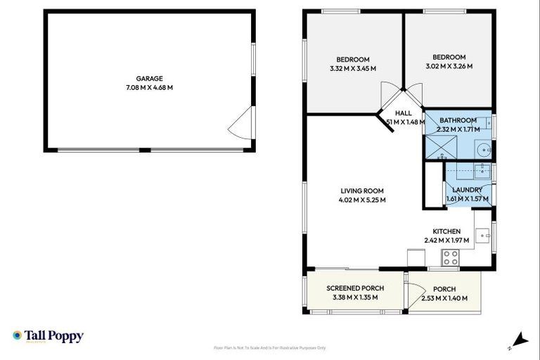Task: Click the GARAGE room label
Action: point(150,79)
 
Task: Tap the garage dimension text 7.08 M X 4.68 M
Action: point(150,88)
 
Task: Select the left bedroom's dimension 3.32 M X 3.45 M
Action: point(353,69)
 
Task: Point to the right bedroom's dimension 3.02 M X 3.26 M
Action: point(449,67)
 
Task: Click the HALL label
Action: point(403,113)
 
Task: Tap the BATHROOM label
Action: point(458,120)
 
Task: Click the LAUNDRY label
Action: point(467,190)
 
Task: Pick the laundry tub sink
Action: point(482,169)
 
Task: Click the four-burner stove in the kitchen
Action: point(450,258)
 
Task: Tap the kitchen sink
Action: point(482,236)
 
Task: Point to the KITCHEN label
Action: point(446,231)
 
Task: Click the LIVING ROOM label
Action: point(362,191)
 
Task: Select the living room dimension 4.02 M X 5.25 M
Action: point(362,200)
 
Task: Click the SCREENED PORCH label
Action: point(355,288)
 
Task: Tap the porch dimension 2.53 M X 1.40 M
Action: point(445,297)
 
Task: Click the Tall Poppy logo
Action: point(48,336)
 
